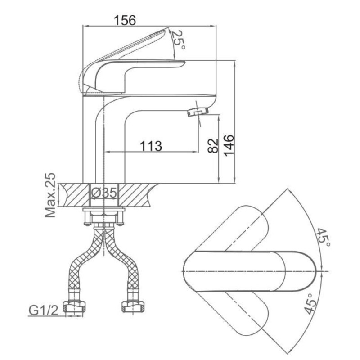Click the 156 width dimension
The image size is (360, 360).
[125, 20]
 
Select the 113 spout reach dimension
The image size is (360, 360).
[151, 146]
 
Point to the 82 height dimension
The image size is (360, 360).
[213, 145]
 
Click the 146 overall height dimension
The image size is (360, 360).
[229, 145]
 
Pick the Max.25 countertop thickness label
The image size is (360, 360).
[50, 195]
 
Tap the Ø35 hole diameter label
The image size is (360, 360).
[104, 193]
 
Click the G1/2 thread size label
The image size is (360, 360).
[43, 310]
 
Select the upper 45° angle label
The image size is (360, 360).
[324, 238]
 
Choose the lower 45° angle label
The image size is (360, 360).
[311, 304]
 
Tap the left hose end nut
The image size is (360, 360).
[75, 306]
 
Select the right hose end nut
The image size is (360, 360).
[133, 306]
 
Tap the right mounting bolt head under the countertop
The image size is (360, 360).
[120, 223]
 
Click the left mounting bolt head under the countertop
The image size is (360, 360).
[87, 223]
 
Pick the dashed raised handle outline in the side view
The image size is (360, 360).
[124, 60]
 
